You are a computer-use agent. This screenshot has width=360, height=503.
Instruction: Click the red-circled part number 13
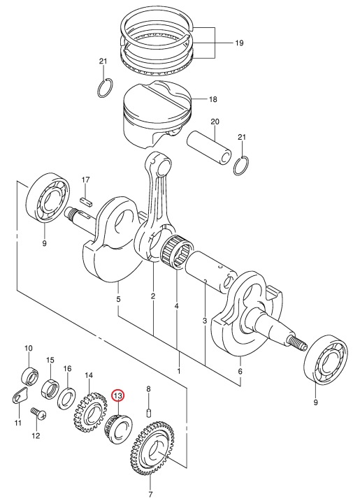point(117,396)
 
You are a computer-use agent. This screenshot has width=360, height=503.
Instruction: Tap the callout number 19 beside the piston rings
point(239,43)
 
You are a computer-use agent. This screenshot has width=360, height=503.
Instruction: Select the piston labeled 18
point(157,114)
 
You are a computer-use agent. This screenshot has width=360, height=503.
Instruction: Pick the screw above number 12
point(38,414)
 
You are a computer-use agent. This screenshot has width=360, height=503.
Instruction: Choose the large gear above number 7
point(152,449)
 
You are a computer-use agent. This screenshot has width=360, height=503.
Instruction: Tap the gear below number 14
point(90,412)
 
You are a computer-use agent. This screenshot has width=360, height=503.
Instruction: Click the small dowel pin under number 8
point(149,413)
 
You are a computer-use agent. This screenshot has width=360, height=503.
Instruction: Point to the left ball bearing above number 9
point(48,197)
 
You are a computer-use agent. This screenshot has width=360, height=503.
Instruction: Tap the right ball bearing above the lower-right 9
point(325,359)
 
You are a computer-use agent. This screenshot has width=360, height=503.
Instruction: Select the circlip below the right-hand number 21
point(241,166)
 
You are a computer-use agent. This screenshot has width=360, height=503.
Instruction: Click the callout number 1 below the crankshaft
point(179,371)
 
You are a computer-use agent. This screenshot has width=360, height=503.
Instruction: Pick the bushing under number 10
point(30,375)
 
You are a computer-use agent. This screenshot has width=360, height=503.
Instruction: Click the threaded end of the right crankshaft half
point(297,342)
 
